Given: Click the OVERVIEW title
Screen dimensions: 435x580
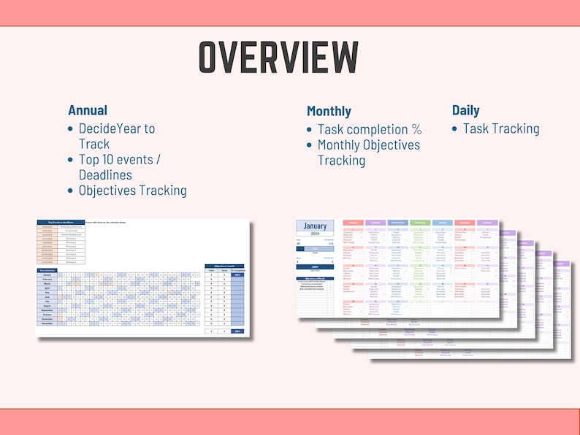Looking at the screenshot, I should (279, 56).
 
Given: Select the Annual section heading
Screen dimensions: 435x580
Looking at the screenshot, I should (88, 110).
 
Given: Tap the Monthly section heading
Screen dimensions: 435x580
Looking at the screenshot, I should (329, 111).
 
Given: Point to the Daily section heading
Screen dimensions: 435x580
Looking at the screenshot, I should (465, 110).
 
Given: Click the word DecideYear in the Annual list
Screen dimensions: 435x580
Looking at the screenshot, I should (109, 128).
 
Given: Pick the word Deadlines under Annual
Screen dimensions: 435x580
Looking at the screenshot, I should (105, 174).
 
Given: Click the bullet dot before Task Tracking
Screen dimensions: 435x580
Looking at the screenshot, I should (455, 128).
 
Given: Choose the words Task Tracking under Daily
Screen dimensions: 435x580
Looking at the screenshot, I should (501, 128).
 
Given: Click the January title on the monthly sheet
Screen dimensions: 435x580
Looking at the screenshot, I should (315, 226).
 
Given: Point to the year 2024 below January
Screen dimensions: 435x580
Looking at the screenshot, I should (315, 236).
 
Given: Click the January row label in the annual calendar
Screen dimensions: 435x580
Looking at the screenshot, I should (47, 274).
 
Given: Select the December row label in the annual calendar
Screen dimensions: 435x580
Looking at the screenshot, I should (47, 323).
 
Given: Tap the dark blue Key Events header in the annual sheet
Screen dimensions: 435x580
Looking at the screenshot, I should (61, 221).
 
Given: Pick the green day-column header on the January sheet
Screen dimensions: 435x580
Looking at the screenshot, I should (420, 223).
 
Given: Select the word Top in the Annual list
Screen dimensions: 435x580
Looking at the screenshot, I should (88, 159).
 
